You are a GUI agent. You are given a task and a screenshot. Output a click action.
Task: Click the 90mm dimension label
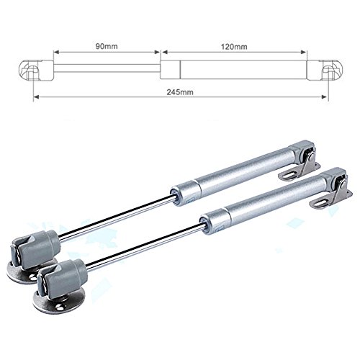pos(107,46)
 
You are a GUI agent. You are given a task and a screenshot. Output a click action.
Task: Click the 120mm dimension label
pos(234,46)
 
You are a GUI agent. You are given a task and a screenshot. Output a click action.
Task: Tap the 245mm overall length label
pos(180,92)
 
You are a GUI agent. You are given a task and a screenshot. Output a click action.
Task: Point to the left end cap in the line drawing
pos(36,70)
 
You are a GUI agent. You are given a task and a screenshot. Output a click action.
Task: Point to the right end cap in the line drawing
pos(325,70)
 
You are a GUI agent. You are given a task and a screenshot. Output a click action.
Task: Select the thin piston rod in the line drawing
pos(107,68)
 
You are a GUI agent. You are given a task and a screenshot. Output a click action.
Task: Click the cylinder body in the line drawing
pos(233,70)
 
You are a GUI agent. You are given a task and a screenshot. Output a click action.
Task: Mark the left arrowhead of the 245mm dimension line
pos(36,96)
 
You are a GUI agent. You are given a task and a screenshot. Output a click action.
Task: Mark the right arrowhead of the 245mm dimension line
pos(324,96)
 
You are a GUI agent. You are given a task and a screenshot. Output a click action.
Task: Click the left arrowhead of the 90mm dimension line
pos(56,52)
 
